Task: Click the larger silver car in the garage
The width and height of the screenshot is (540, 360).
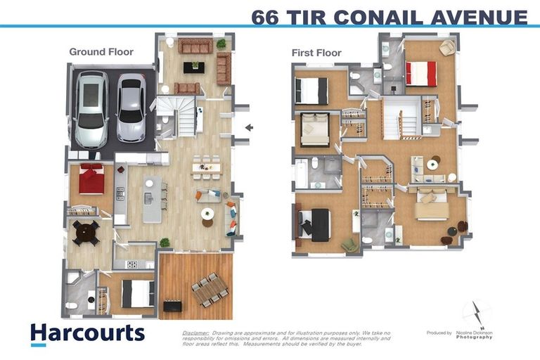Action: pyautogui.click(x=91, y=109)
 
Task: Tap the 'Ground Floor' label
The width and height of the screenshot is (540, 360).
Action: pyautogui.click(x=101, y=51)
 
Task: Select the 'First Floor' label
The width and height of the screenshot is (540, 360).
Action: pyautogui.click(x=316, y=53)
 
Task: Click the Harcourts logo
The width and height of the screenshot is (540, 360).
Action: pyautogui.click(x=87, y=333)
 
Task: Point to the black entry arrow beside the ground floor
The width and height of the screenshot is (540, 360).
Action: pyautogui.click(x=247, y=127)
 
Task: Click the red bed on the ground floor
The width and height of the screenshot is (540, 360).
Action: pyautogui.click(x=91, y=179)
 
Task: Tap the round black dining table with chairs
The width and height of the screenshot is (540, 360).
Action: pyautogui.click(x=86, y=232)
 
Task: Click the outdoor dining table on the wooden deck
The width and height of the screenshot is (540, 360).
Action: pyautogui.click(x=210, y=289)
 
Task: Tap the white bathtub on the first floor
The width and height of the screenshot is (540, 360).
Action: pyautogui.click(x=302, y=174)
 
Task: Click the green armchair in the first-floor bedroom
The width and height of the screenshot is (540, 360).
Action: pyautogui.click(x=349, y=244)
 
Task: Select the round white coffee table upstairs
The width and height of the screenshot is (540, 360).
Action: pyautogui.click(x=432, y=165)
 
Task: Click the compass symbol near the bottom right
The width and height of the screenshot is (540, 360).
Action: pyautogui.click(x=477, y=313)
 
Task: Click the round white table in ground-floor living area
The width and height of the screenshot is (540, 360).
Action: pyautogui.click(x=207, y=214)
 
